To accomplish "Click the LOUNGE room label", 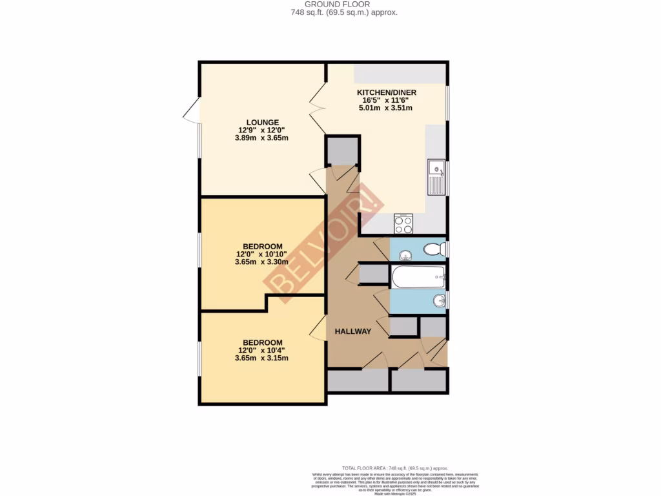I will [262, 122].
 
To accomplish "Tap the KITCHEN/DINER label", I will [387, 92].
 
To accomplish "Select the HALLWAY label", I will [352, 331].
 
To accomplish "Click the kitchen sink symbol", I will [436, 177].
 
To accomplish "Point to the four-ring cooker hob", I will [403, 224].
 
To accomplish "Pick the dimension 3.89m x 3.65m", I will [262, 138].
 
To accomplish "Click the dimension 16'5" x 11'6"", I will [387, 100].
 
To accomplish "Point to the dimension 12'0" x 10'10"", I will [262, 254].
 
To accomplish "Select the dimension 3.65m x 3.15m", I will [262, 358].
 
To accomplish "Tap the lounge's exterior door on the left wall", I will [191, 114].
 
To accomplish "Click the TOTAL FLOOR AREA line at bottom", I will [394, 468].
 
